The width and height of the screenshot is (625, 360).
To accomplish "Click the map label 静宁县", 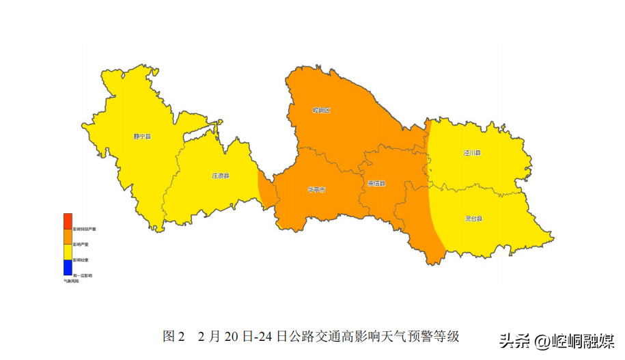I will coord(142,137).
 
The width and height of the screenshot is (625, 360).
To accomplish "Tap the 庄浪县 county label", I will coord(220,176).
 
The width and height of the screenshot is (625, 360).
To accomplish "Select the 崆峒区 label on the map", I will coord(321,110).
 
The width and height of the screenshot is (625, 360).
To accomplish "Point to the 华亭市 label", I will coord(316,190).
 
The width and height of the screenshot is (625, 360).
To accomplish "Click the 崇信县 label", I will coord(376,184).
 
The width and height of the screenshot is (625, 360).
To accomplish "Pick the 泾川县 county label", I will coord(472,153).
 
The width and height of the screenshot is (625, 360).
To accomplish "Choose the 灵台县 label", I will coord(474,219).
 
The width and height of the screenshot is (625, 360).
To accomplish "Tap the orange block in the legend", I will coord(68,236).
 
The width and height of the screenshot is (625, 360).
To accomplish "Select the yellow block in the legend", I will coord(68,252).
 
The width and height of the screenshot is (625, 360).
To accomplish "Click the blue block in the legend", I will coord(68,268).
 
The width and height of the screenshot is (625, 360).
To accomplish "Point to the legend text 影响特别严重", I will coord(84,229).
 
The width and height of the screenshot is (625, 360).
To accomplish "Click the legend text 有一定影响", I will coord(83,275).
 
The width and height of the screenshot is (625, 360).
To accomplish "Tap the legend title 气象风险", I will coord(72,281).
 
